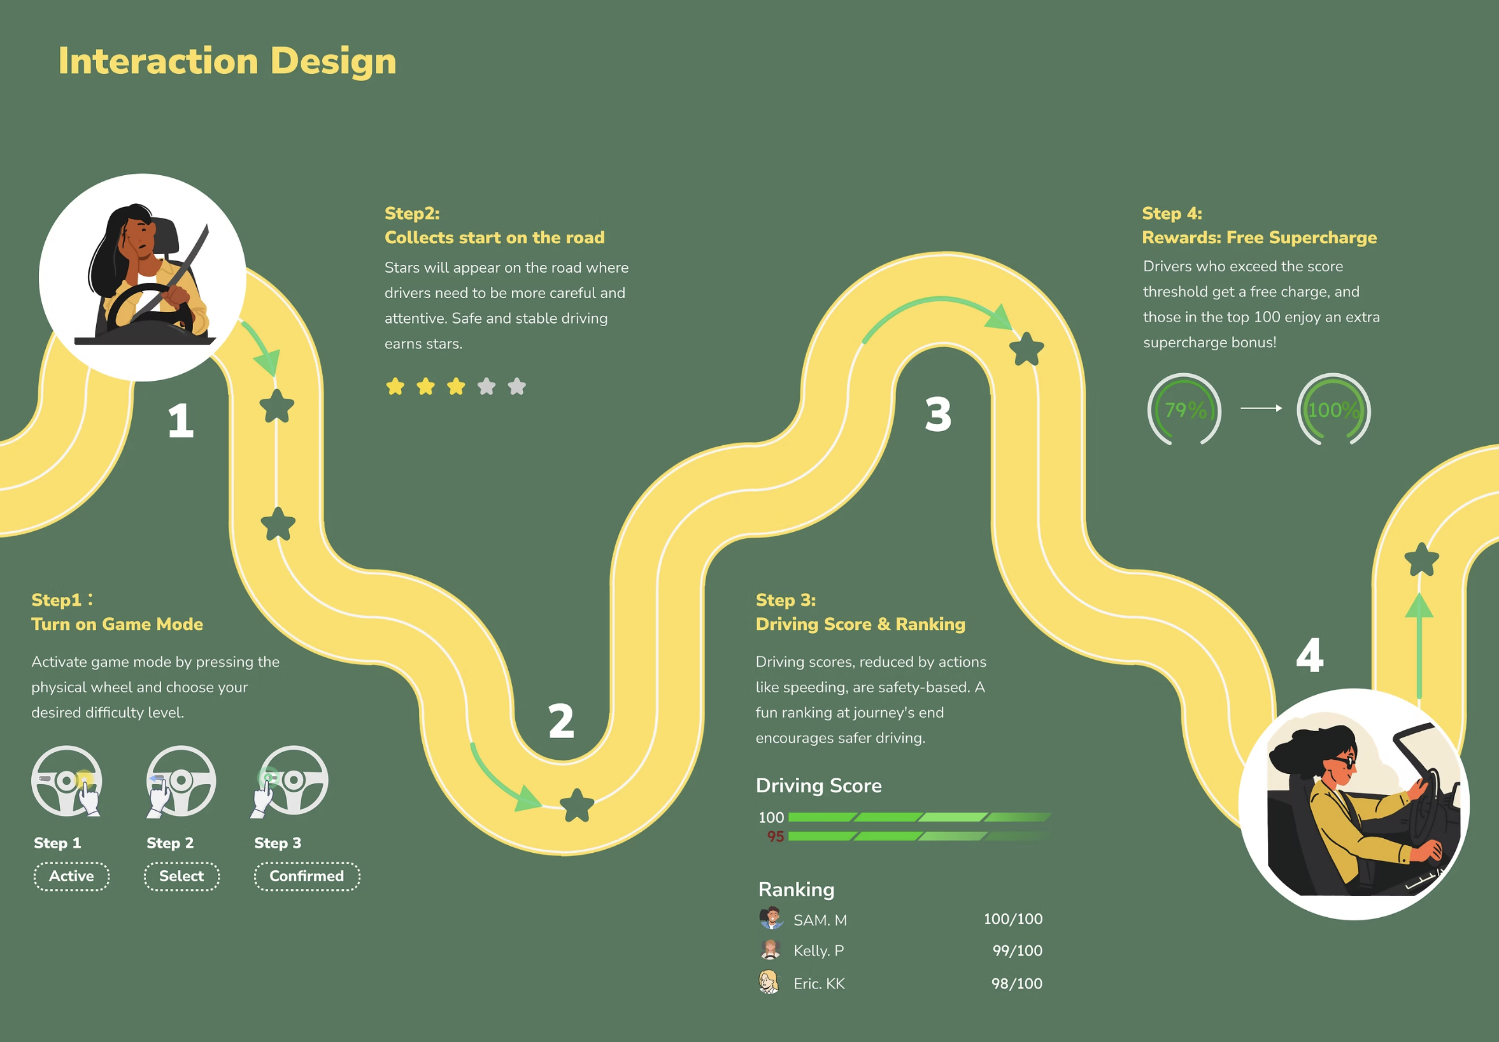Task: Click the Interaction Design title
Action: (227, 61)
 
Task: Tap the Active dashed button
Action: (72, 876)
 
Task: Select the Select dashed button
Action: (181, 876)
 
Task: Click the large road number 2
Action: (561, 721)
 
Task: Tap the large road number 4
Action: (1310, 655)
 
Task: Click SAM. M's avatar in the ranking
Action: (771, 918)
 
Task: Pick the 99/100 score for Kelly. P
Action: (1017, 950)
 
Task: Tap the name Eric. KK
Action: (819, 983)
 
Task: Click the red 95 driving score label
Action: (775, 836)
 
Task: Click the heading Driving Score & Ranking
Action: (860, 624)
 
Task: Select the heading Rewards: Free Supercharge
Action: (1259, 238)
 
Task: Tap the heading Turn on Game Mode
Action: (117, 624)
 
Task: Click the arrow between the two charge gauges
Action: (1261, 408)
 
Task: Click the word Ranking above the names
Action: (796, 890)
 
